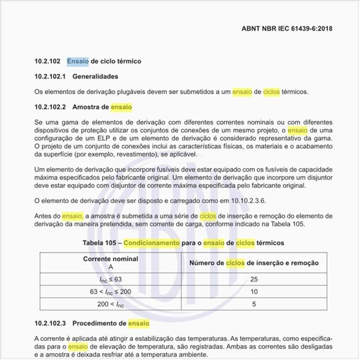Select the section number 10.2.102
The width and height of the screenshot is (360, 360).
[48, 62]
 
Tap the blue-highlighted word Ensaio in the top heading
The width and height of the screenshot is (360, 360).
[79, 62]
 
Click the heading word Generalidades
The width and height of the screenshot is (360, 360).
[96, 77]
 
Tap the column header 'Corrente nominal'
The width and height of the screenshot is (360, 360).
[111, 259]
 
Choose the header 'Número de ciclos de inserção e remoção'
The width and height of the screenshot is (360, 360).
[254, 263]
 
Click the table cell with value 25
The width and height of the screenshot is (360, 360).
[254, 279]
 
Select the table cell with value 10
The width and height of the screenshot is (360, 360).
[254, 292]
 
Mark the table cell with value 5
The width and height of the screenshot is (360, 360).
[254, 304]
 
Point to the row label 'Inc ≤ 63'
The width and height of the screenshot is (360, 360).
[111, 279]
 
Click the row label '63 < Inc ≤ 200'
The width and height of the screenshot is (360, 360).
[111, 292]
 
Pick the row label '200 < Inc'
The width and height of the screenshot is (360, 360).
[111, 304]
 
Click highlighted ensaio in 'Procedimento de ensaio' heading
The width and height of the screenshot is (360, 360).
[139, 323]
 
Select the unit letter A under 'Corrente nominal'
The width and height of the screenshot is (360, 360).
[111, 267]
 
